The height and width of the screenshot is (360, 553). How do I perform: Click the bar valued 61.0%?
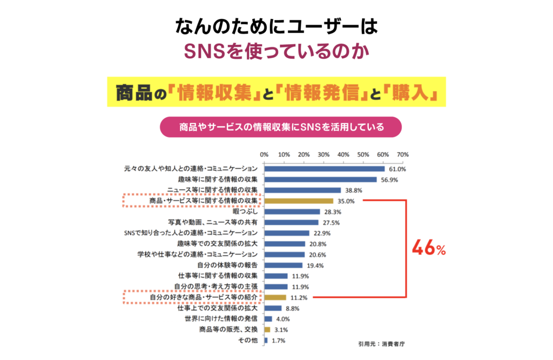coord(324,169)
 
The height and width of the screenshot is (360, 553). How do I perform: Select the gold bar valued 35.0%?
coord(299,201)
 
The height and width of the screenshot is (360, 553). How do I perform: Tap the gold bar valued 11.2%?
coord(275,297)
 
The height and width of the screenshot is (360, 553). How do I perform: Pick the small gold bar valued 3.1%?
coord(267,329)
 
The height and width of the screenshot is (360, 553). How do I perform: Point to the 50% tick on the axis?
coord(363,154)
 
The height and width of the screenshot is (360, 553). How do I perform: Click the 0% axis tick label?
coord(264,154)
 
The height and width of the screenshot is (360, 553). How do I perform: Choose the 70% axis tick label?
coord(403,154)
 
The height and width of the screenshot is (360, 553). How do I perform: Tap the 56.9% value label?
coord(390,180)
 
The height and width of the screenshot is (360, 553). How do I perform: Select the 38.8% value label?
coord(354,191)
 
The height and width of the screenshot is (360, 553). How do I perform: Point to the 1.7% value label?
coord(278,341)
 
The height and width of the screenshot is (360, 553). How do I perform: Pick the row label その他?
coord(247,340)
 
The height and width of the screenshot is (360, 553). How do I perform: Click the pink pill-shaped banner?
coord(281,128)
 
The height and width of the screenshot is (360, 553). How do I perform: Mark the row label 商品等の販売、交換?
coord(229,329)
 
